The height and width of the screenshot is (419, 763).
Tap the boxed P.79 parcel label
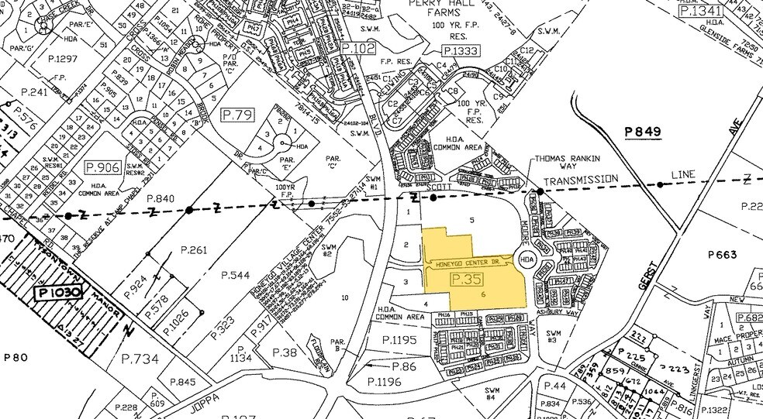point(238,115)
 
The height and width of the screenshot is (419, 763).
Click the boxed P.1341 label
point(700,12)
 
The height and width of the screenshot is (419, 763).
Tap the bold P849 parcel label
point(643,132)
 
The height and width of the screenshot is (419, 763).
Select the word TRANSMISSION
point(581,180)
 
